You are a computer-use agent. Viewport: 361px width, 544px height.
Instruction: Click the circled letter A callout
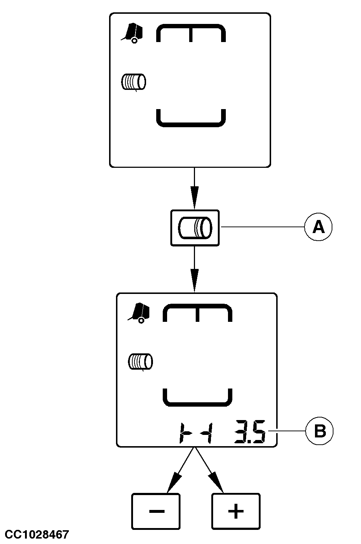[318, 227]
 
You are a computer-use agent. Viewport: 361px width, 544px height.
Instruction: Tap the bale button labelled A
[195, 228]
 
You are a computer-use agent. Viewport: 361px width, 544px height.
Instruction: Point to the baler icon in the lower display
[139, 313]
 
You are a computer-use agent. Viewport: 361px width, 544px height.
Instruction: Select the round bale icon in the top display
[133, 82]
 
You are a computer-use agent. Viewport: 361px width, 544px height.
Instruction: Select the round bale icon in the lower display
[140, 362]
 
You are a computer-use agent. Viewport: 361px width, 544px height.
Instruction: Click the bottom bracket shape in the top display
[191, 119]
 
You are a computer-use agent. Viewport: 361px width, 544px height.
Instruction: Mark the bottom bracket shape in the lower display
[198, 398]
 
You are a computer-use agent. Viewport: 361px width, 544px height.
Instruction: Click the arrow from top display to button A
[195, 188]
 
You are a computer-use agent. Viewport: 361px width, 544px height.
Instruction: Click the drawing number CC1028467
[37, 534]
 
